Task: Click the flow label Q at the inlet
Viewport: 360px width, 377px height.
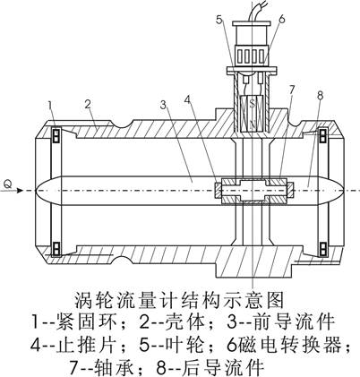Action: [8, 184]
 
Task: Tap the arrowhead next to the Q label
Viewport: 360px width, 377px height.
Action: [20, 191]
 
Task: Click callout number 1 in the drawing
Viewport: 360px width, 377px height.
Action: [50, 106]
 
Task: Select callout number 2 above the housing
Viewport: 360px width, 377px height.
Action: [88, 104]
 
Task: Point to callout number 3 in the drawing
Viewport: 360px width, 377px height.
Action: [163, 105]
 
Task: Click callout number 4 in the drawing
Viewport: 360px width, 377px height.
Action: [187, 99]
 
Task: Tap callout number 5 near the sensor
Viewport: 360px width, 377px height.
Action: [219, 20]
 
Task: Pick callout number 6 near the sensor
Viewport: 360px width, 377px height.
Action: [281, 19]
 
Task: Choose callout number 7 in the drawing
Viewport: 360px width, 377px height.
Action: [292, 89]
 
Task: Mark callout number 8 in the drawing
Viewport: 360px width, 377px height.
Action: [320, 96]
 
